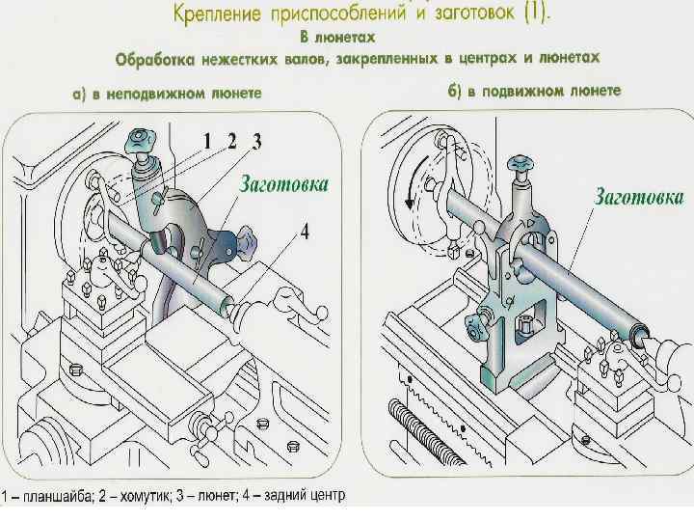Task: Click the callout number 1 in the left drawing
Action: click(x=206, y=141)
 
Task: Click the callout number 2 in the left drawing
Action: click(x=231, y=141)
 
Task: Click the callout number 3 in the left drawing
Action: click(x=255, y=141)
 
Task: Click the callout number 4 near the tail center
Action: click(x=304, y=232)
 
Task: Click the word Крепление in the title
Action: click(x=221, y=15)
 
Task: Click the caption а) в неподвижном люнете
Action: click(x=170, y=94)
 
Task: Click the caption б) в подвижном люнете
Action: click(x=534, y=91)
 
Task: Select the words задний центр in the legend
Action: click(x=301, y=498)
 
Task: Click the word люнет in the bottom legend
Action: click(x=218, y=498)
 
